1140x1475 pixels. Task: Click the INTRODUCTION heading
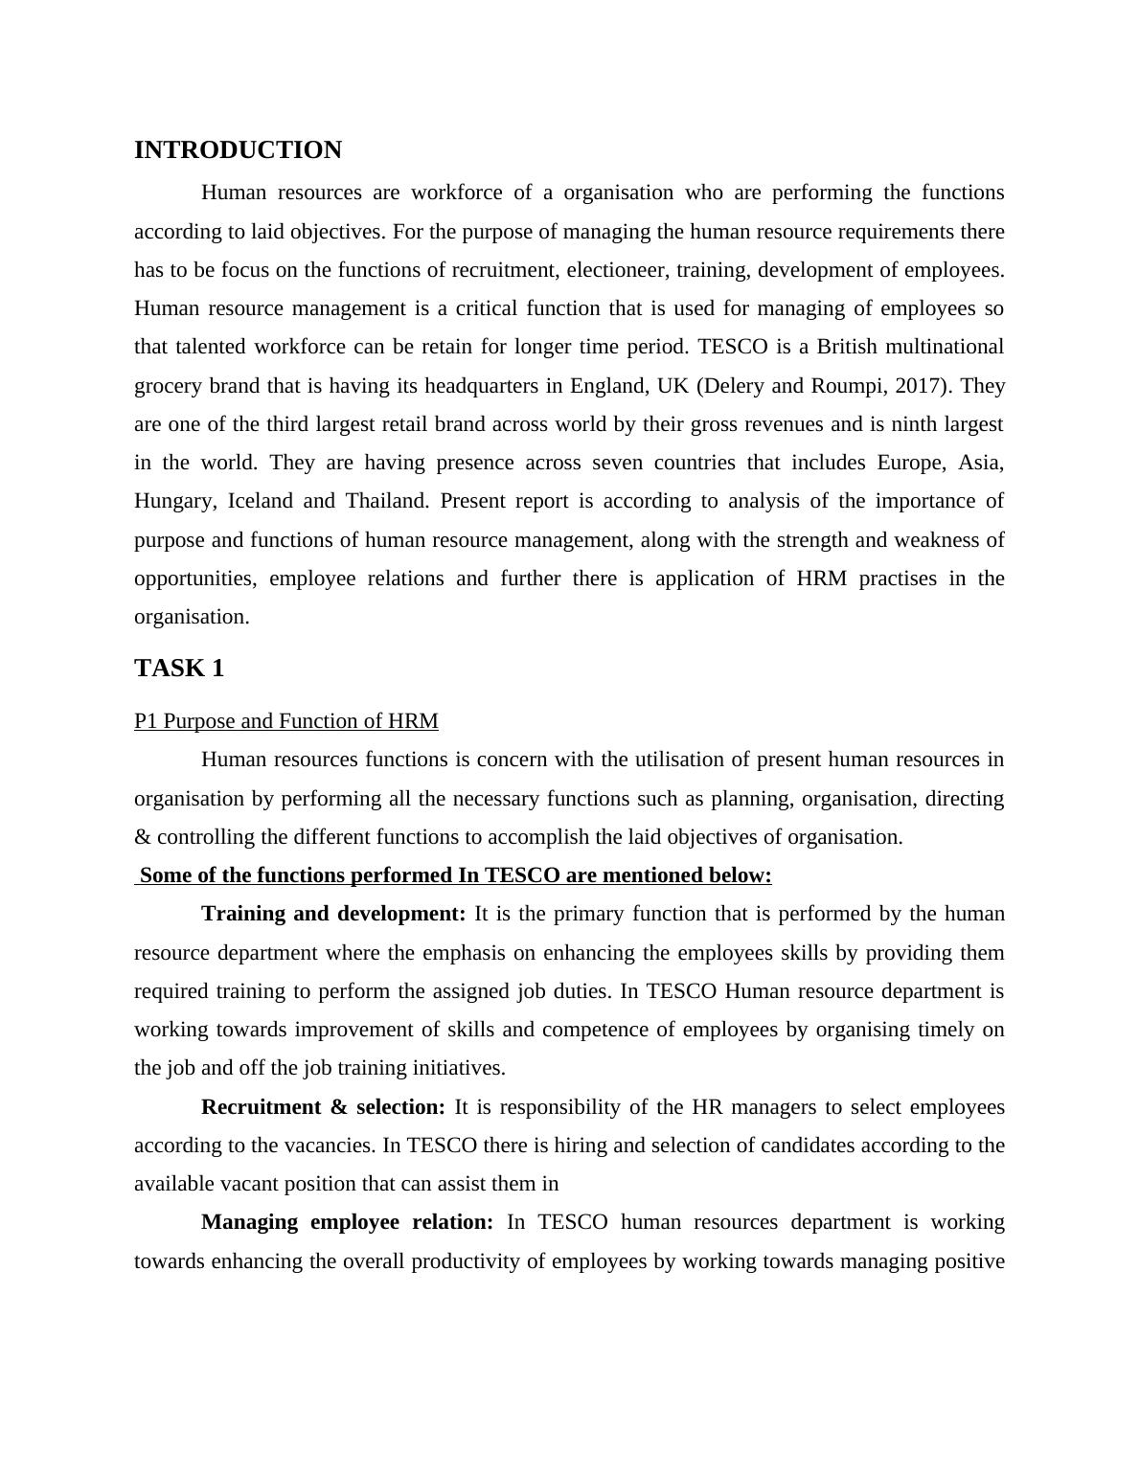pos(238,150)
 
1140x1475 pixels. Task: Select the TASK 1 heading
pos(179,669)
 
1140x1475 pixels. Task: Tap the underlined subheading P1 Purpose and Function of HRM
pos(286,721)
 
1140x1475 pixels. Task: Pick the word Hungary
pos(175,501)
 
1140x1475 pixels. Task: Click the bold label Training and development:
pos(333,914)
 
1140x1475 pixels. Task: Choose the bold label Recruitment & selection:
pos(323,1107)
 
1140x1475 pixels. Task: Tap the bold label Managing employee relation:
pos(347,1222)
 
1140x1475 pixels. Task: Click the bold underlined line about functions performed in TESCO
pos(455,875)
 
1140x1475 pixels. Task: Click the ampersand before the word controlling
pos(143,837)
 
